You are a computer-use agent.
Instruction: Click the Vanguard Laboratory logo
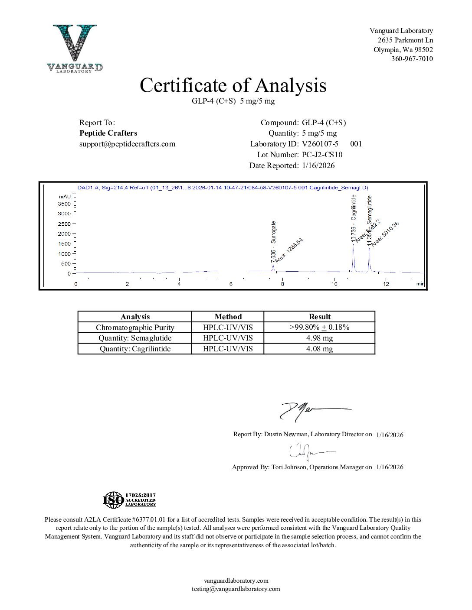click(75, 48)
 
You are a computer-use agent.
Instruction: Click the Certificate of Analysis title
click(233, 85)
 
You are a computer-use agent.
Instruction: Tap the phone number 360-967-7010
click(412, 59)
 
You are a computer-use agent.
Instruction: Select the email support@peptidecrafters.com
click(127, 144)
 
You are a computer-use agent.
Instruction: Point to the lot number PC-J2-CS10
click(322, 155)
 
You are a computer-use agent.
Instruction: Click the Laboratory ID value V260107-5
click(320, 144)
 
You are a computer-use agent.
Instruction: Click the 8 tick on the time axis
click(282, 284)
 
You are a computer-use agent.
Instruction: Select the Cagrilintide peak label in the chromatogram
click(354, 218)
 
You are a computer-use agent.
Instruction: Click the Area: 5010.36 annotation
click(385, 234)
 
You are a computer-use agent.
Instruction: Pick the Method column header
click(228, 317)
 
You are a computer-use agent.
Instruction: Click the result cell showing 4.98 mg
click(319, 338)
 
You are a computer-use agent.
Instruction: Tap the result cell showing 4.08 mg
click(319, 349)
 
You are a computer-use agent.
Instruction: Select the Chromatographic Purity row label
click(135, 328)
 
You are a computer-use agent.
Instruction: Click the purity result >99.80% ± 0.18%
click(319, 328)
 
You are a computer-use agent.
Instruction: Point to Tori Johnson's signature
click(310, 452)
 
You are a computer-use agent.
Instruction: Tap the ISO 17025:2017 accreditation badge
click(129, 500)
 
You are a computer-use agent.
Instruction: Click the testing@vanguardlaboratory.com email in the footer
click(236, 589)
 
